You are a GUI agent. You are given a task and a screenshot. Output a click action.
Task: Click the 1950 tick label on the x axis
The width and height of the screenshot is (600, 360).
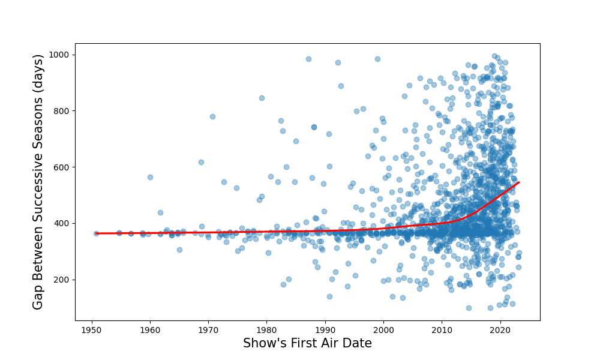pyautogui.click(x=92, y=329)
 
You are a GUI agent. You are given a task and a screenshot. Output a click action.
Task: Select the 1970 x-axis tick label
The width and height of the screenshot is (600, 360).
pyautogui.click(x=208, y=329)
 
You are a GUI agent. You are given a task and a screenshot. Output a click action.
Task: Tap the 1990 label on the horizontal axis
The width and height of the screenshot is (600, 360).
pyautogui.click(x=325, y=329)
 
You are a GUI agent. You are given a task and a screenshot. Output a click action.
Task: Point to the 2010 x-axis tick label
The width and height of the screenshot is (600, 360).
pyautogui.click(x=442, y=329)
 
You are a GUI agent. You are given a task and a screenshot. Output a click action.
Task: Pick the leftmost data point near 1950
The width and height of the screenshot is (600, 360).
pyautogui.click(x=96, y=233)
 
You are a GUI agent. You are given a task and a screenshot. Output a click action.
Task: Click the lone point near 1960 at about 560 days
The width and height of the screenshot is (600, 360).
pyautogui.click(x=150, y=177)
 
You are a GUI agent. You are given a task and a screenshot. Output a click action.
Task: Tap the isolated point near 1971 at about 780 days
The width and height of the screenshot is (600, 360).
pyautogui.click(x=212, y=116)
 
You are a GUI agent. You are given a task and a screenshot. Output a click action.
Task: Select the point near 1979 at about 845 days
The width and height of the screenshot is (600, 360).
pyautogui.click(x=262, y=98)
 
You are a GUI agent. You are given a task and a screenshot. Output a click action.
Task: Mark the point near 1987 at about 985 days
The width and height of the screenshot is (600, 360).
pyautogui.click(x=308, y=59)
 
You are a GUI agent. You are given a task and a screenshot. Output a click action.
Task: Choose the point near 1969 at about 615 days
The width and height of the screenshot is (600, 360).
pyautogui.click(x=201, y=162)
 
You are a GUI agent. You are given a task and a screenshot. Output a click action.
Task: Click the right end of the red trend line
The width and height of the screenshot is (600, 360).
pyautogui.click(x=519, y=182)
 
